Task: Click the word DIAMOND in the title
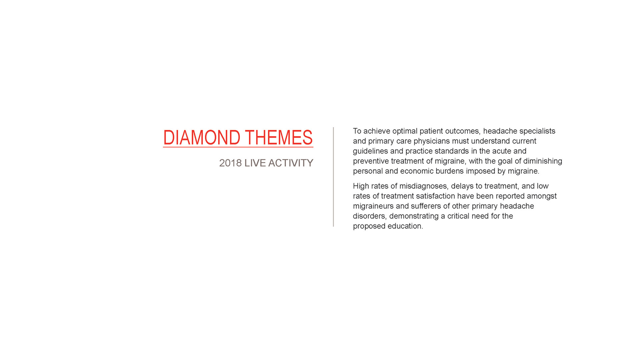(202, 137)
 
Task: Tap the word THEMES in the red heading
(279, 137)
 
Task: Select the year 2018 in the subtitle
(230, 163)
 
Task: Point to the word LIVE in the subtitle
(255, 163)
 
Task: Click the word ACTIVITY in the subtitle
(291, 163)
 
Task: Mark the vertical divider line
(333, 177)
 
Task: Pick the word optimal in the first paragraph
(405, 131)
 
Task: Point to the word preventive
(371, 161)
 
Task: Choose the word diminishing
(543, 161)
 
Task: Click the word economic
(417, 171)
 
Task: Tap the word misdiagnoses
(423, 186)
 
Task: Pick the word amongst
(542, 196)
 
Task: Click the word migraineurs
(373, 206)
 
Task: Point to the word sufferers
(426, 206)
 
